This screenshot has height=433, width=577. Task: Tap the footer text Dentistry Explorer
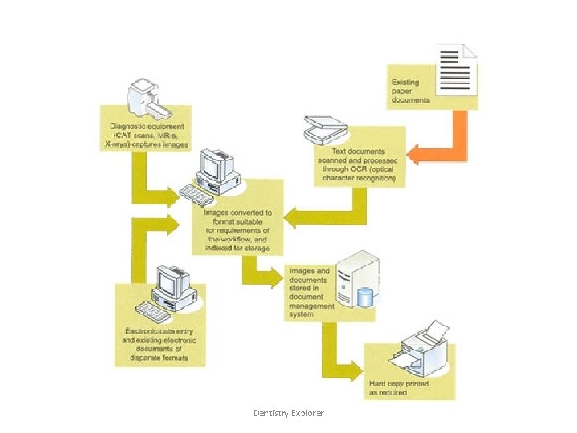(288, 413)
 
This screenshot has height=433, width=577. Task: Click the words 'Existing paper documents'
(410, 91)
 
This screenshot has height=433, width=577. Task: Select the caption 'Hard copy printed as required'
(398, 388)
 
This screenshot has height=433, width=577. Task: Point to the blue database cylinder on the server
(365, 296)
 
